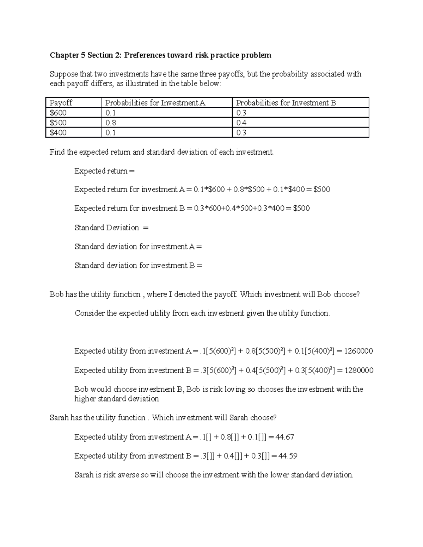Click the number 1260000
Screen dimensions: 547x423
click(x=358, y=351)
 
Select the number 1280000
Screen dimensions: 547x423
click(x=359, y=371)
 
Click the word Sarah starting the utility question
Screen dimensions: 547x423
click(x=59, y=418)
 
